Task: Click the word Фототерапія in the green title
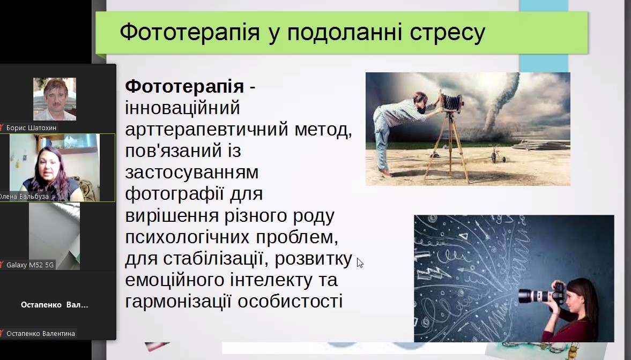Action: click(x=190, y=32)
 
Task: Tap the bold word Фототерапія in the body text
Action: click(x=184, y=86)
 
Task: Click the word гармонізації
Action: click(x=178, y=301)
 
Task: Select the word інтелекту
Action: click(x=272, y=280)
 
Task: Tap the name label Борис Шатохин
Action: click(x=32, y=128)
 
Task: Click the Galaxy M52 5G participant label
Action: click(x=30, y=265)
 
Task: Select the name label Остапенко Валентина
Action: click(x=41, y=333)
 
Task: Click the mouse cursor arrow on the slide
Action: click(x=360, y=262)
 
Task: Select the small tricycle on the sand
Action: click(x=498, y=154)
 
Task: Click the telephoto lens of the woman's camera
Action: click(x=535, y=296)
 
